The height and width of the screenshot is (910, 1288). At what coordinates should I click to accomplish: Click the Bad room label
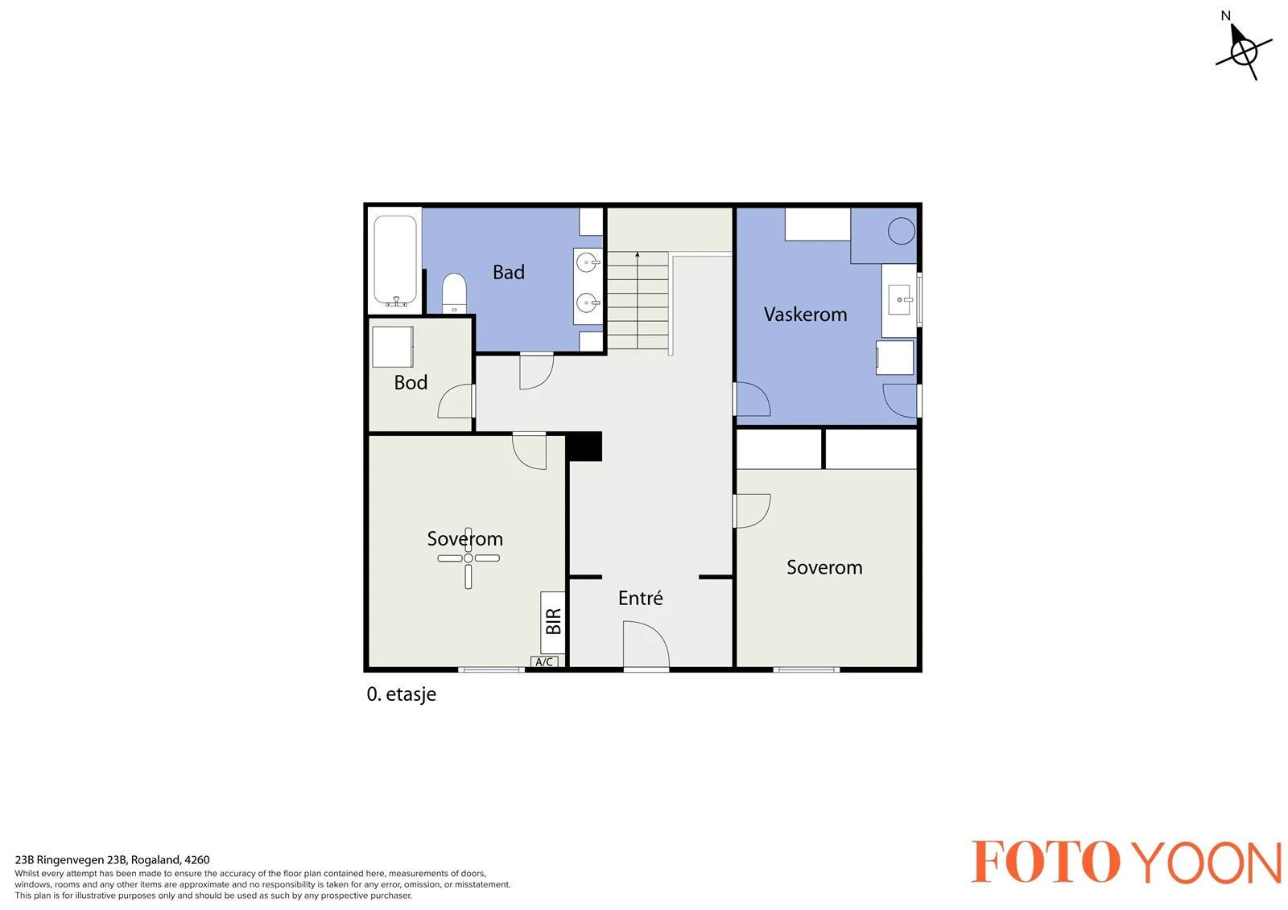508,272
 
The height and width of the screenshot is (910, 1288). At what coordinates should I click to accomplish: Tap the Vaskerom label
805,315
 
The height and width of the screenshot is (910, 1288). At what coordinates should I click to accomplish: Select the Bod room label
411,382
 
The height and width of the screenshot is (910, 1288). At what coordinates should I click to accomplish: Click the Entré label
641,598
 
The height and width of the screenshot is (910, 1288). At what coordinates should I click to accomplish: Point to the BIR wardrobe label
553,621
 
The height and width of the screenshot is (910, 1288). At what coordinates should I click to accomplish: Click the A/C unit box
544,661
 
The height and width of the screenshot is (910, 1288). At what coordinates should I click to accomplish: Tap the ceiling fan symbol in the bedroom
468,558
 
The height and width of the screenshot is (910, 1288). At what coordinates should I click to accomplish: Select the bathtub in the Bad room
395,261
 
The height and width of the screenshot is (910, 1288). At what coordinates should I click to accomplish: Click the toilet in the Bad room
454,293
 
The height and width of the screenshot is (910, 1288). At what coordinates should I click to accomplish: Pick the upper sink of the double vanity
588,263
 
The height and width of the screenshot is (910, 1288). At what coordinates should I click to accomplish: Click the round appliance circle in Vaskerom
901,231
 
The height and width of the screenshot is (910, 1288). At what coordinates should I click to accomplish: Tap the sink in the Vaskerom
900,299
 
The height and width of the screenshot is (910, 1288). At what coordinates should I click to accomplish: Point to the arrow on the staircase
637,299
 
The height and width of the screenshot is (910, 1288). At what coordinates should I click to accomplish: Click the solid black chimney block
584,447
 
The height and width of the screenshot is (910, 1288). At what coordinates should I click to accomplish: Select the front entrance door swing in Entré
646,644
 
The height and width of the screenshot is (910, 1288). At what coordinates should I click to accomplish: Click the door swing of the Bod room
456,401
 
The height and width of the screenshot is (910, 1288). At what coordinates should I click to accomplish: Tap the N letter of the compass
1225,16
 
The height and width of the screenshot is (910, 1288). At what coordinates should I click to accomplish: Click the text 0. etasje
402,694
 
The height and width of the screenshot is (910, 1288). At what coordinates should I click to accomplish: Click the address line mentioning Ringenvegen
112,860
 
